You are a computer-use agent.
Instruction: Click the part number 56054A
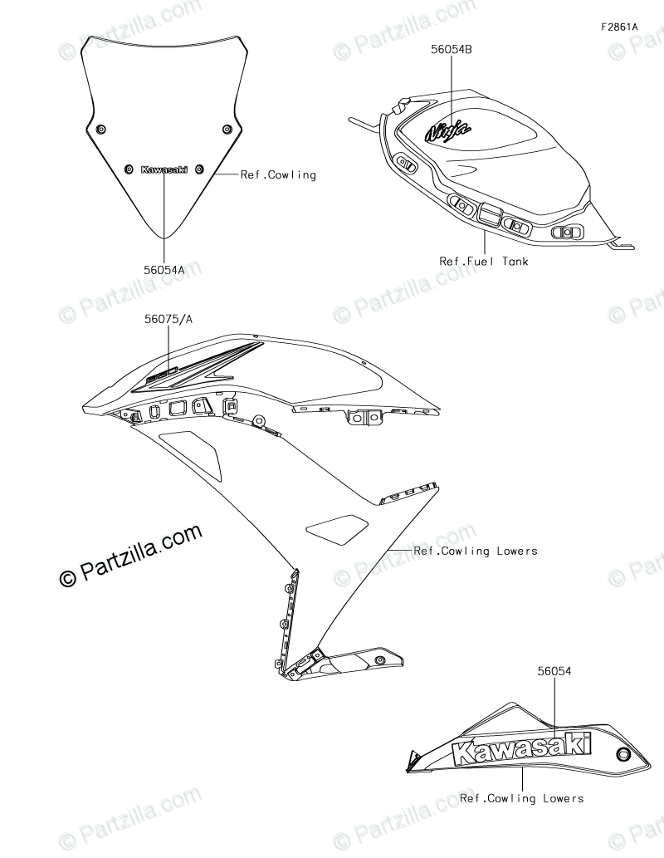(164, 269)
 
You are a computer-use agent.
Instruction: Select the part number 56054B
(452, 49)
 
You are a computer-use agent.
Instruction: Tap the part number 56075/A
(169, 320)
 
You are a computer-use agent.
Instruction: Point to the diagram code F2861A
(620, 27)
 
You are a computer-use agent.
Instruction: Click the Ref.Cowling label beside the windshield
(278, 175)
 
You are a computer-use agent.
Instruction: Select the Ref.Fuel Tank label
(484, 261)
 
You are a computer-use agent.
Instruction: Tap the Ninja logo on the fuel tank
(448, 130)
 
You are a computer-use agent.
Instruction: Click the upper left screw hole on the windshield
(100, 129)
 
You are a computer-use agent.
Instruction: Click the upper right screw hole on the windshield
(227, 129)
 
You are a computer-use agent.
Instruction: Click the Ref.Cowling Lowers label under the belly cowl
(522, 798)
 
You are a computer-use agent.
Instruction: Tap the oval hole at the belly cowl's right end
(623, 754)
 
